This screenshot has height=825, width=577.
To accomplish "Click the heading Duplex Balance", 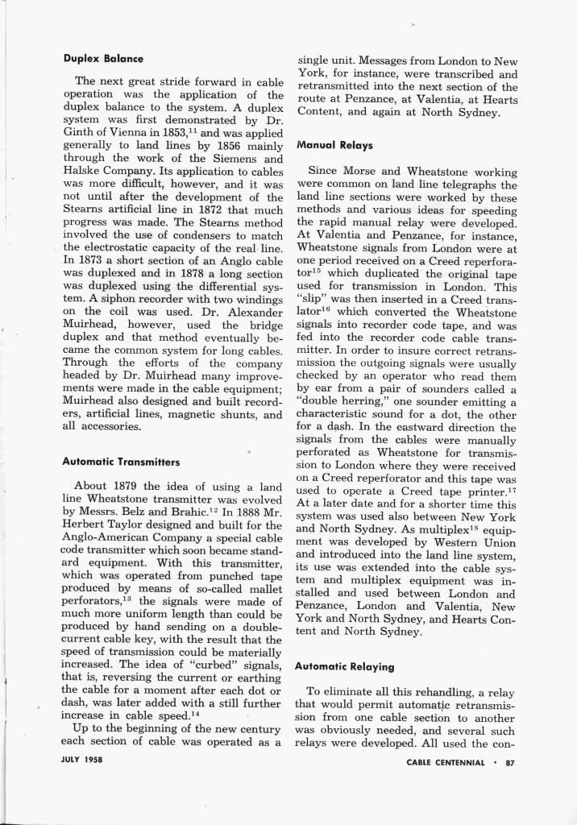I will (x=102, y=59).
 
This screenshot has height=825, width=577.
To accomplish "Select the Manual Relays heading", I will (x=335, y=146).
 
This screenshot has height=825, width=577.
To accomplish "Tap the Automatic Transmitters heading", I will (x=120, y=462).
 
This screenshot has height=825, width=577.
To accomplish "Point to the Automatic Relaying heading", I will (x=345, y=666).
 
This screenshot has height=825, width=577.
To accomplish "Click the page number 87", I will (x=509, y=762).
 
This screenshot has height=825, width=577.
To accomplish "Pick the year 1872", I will (x=207, y=209).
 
